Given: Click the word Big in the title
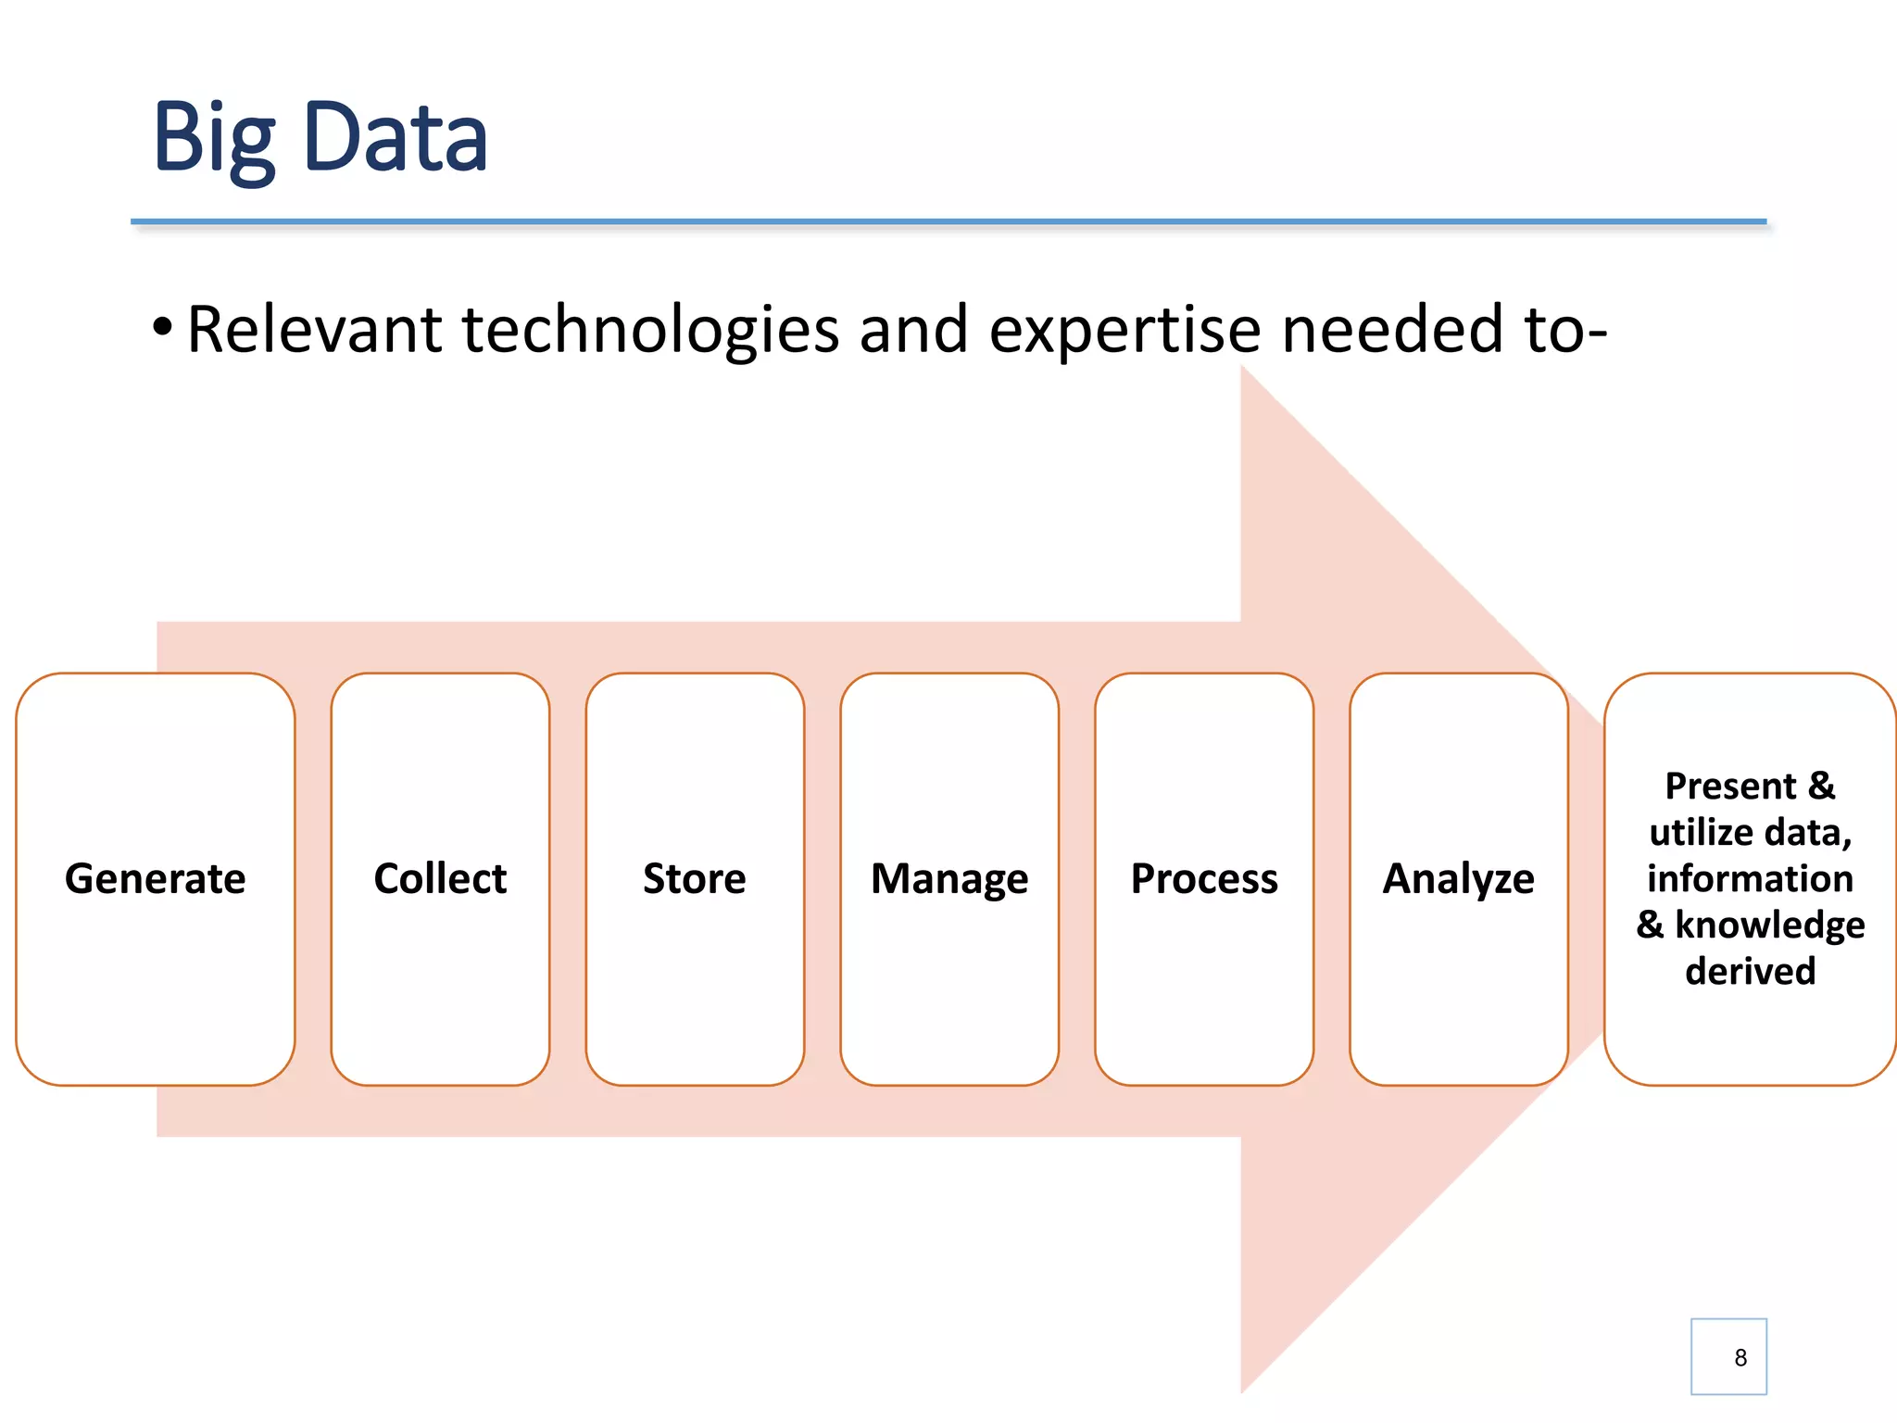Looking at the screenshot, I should click(x=214, y=139).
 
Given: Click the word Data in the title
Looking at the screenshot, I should click(x=395, y=139).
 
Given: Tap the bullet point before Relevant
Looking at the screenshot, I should click(x=162, y=326).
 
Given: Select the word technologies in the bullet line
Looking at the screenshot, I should click(x=650, y=330).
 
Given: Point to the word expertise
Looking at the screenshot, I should click(x=1124, y=332).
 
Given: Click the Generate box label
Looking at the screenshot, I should click(x=156, y=878).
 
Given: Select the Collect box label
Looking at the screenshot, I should click(x=440, y=878).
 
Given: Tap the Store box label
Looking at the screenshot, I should click(x=695, y=878).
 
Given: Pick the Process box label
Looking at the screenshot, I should click(x=1204, y=878).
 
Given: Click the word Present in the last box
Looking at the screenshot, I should click(x=1730, y=786).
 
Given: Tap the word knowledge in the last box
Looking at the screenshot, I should click(x=1769, y=926).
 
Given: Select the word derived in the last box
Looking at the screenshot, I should click(x=1750, y=971).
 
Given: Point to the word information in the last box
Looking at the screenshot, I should click(x=1750, y=878).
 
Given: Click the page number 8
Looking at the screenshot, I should click(x=1740, y=1357).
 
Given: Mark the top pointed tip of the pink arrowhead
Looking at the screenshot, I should click(x=1242, y=368).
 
